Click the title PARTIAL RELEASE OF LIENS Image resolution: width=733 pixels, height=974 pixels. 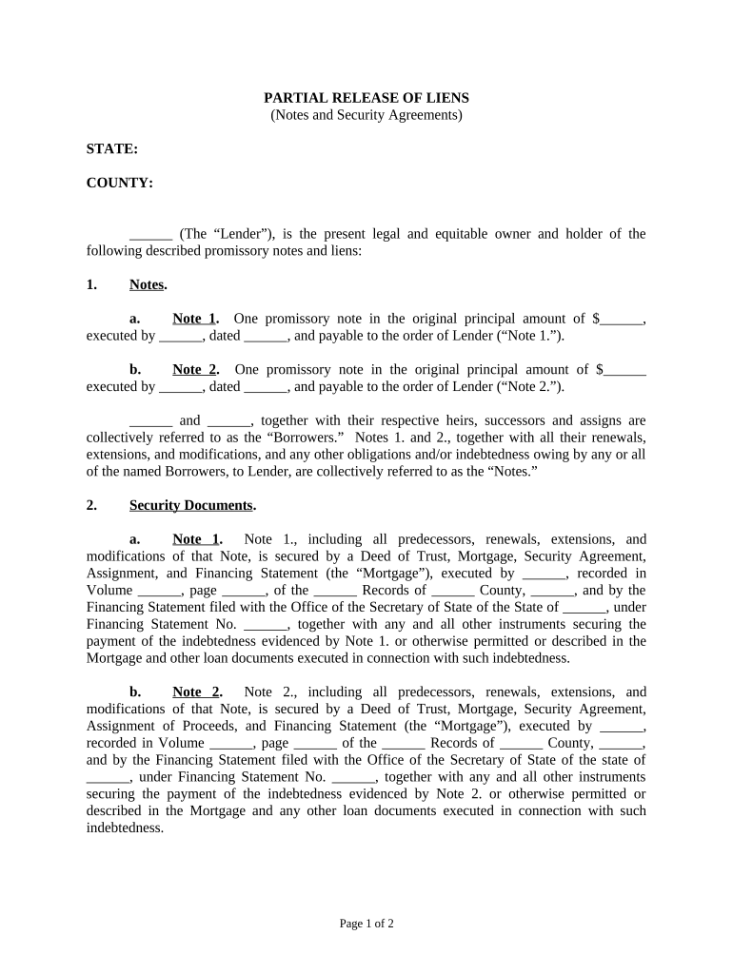(x=366, y=98)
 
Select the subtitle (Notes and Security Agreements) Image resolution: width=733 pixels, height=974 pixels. (x=366, y=115)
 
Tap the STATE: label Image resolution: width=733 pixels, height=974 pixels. (x=112, y=149)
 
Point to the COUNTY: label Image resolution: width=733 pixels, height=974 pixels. (x=120, y=184)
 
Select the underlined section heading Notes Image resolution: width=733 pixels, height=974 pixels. (x=147, y=284)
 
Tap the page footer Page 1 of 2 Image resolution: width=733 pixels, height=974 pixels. (x=366, y=924)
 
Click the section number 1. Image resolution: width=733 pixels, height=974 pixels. (x=91, y=284)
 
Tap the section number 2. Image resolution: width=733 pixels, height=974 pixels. (x=91, y=505)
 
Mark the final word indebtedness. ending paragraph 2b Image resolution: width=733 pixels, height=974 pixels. (x=125, y=828)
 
